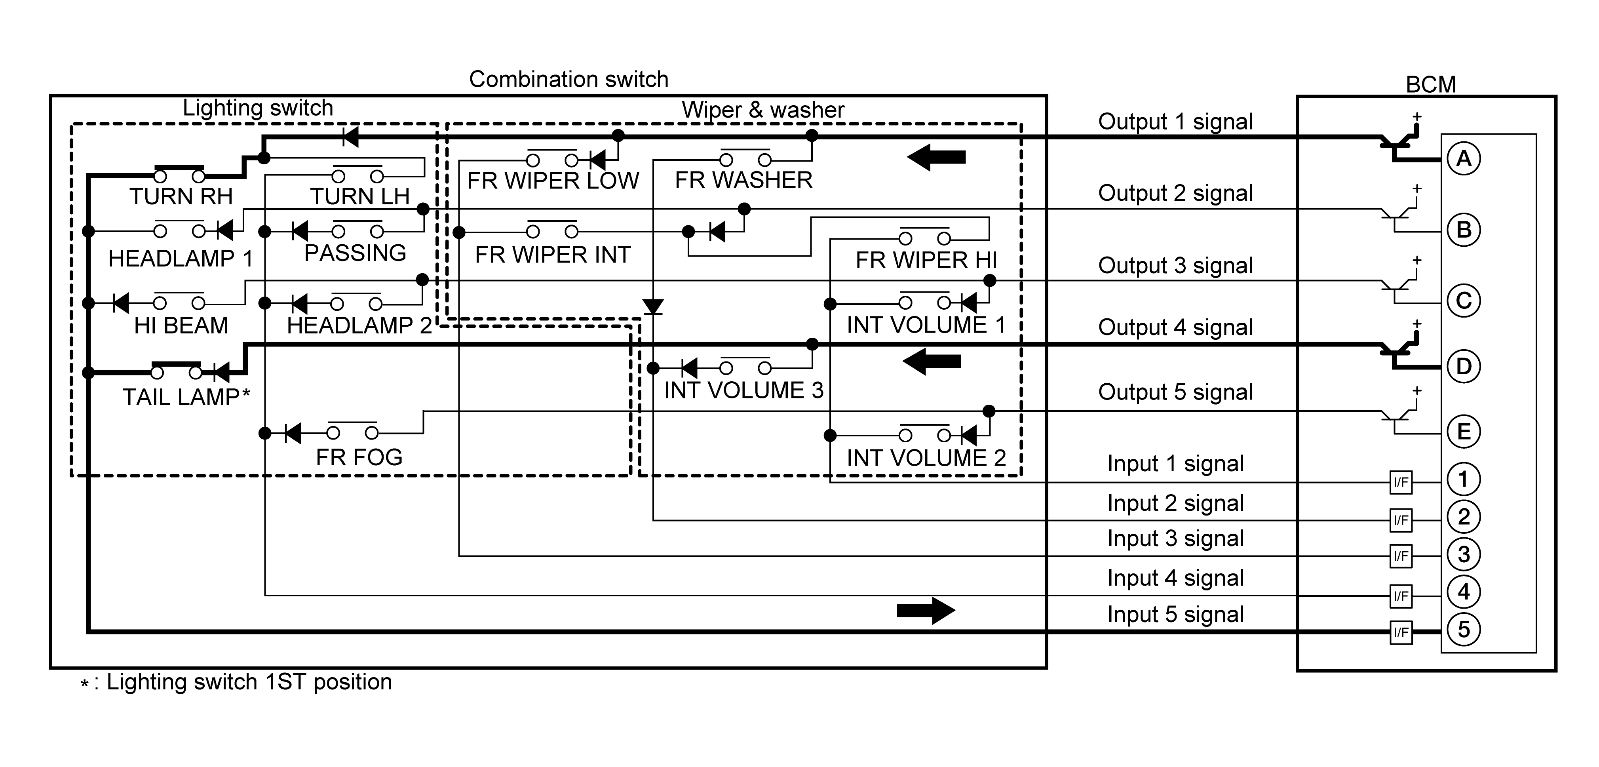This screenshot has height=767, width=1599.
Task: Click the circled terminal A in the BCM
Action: click(1463, 159)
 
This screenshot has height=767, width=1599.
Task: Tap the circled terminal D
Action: click(1463, 366)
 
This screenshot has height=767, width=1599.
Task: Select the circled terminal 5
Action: click(1463, 630)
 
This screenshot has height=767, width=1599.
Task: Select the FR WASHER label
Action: click(743, 180)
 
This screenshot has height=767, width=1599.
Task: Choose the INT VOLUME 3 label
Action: click(743, 391)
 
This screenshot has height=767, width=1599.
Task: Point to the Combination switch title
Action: click(568, 80)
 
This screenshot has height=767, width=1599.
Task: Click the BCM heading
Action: click(1430, 84)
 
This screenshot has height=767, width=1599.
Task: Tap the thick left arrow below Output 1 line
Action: click(936, 157)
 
